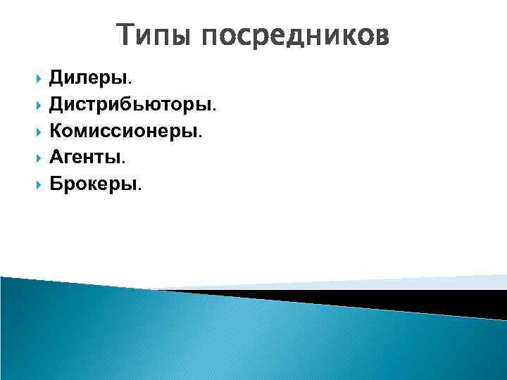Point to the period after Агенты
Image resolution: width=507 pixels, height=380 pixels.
click(x=124, y=163)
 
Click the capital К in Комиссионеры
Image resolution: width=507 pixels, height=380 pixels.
click(x=56, y=132)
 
